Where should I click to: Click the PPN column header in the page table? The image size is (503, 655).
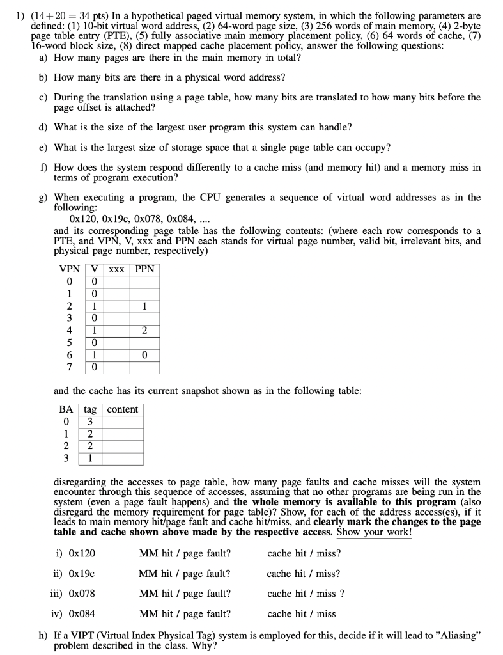145,269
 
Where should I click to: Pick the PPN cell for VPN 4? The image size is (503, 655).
145,331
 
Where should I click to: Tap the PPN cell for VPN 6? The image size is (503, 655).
145,355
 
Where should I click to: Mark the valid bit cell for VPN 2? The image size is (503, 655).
94,306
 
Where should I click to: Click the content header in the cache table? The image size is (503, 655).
122,409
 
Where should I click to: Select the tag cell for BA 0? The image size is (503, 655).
90,422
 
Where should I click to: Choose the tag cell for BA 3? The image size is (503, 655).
90,458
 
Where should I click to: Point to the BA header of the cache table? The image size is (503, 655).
66,409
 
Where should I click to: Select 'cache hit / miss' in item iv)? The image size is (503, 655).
301,614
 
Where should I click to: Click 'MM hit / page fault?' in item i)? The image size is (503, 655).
185,553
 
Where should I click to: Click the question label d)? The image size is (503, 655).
43,127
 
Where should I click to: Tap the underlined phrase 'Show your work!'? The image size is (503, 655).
374,532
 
